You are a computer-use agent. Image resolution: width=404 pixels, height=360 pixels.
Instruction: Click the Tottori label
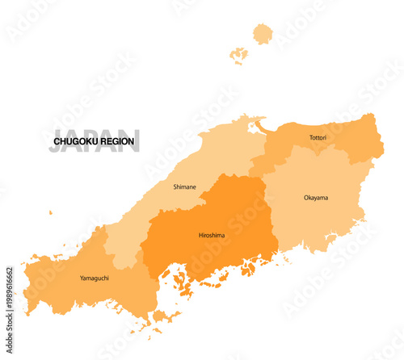click(318, 138)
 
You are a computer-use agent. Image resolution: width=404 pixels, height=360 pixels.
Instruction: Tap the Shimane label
click(184, 186)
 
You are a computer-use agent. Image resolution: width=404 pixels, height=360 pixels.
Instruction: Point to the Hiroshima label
click(212, 236)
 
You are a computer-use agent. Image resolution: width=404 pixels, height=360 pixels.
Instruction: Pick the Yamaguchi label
click(95, 278)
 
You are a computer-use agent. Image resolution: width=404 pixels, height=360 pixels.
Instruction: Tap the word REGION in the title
click(118, 141)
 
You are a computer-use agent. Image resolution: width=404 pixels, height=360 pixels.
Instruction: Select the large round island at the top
click(263, 33)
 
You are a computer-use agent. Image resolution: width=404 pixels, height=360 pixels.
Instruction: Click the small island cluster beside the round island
click(238, 55)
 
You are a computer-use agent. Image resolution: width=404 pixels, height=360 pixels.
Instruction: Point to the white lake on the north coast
click(258, 127)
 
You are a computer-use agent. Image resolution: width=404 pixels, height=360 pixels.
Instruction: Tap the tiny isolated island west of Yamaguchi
click(50, 213)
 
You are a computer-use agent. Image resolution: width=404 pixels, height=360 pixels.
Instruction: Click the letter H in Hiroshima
click(200, 236)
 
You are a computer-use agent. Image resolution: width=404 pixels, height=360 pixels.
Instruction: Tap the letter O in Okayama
click(306, 198)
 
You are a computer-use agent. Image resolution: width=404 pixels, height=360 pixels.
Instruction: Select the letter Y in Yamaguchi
click(82, 278)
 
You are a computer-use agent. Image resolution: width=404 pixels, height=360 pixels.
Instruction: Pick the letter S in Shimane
click(175, 186)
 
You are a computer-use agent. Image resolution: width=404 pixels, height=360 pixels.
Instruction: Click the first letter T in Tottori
click(310, 138)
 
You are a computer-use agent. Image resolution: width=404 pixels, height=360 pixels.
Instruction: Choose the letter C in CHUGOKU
click(57, 141)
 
